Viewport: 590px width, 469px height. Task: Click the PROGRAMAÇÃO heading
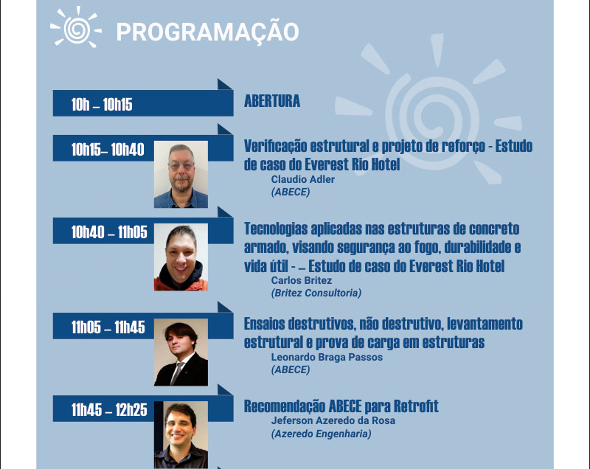(207, 32)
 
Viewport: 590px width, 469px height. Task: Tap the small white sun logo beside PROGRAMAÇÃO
(76, 27)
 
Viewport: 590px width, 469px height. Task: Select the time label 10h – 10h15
(102, 105)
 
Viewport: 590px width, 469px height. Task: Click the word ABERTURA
(272, 101)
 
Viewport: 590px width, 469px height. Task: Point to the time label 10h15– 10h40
(108, 150)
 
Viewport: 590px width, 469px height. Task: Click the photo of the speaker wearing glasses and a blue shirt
(181, 174)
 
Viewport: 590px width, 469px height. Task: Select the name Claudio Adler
(303, 179)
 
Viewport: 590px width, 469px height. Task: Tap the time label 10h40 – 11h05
(109, 232)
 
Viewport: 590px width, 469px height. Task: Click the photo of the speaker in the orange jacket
(181, 257)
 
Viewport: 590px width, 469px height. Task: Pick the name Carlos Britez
(302, 280)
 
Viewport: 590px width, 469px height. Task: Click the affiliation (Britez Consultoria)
(316, 293)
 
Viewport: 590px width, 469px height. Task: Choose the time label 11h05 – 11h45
(108, 327)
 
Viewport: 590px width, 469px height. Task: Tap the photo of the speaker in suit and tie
(181, 352)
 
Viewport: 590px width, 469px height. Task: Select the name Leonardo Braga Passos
(327, 357)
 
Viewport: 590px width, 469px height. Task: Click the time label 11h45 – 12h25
(109, 410)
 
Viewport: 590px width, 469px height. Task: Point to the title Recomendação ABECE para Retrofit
(341, 406)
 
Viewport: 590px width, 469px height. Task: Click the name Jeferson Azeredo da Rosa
(333, 420)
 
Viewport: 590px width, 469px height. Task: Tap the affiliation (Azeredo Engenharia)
(321, 434)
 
